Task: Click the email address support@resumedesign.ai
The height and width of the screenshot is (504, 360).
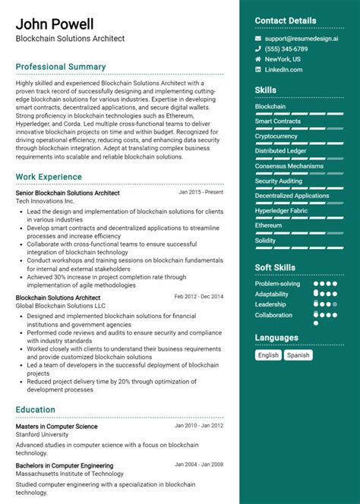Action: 301,37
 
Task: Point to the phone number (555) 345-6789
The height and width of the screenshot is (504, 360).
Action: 287,48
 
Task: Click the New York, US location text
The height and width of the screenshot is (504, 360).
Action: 283,58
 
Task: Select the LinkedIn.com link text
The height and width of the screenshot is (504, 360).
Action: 283,69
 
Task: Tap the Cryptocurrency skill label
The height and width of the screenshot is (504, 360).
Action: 276,136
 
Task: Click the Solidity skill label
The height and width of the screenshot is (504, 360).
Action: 266,240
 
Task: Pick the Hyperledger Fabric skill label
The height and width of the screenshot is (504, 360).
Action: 283,210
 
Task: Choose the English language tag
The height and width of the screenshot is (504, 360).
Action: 268,354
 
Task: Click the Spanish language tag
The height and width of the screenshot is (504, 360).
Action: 298,354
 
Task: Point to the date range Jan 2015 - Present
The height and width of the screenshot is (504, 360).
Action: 199,192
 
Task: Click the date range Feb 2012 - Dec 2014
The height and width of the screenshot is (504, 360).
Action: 199,296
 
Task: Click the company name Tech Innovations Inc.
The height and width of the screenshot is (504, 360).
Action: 45,202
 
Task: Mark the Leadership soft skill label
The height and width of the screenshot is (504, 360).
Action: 272,304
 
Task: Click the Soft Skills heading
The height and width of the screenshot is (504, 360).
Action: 275,267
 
